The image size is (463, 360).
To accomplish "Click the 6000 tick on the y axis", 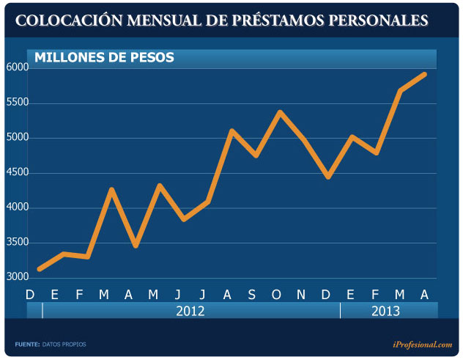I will (18, 67).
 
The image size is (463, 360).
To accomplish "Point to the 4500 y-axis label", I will (18, 173).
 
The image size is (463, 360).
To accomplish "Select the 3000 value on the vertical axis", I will (18, 278).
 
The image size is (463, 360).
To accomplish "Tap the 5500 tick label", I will (18, 103).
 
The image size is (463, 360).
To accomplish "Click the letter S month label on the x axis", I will (251, 295).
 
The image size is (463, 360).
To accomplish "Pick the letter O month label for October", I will (276, 295).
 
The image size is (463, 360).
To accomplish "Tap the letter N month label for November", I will (301, 295).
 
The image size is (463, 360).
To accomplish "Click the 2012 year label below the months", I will (190, 311).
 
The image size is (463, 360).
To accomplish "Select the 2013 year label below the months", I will (385, 311).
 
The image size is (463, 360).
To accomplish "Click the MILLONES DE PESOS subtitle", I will (104, 57).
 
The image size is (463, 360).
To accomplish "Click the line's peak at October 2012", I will (280, 112).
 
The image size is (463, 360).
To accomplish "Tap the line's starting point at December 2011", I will (39, 269).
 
